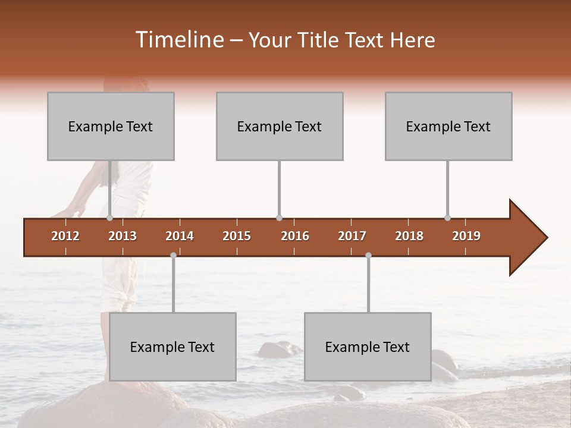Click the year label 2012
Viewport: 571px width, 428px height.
coord(65,236)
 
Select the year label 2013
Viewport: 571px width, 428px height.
coord(123,236)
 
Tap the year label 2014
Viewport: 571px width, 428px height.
coord(180,236)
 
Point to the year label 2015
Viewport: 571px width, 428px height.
coord(237,236)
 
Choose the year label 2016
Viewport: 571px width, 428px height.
coord(295,236)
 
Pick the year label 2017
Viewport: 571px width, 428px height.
coord(352,236)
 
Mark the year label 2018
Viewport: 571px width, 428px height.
coord(409,236)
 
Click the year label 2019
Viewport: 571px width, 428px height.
coord(466,236)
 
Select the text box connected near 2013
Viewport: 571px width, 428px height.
coord(111,126)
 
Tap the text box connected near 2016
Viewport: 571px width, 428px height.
coord(280,126)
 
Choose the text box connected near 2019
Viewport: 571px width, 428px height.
coord(448,126)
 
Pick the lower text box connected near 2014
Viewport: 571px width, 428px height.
coord(172,347)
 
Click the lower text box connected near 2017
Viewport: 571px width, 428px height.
coord(368,347)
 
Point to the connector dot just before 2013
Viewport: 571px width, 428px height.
coord(109,218)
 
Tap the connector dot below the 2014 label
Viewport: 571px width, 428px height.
coord(173,255)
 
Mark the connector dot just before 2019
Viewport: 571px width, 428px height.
coord(447,218)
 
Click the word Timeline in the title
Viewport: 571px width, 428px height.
coord(179,40)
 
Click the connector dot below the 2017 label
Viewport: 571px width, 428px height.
coord(368,255)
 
